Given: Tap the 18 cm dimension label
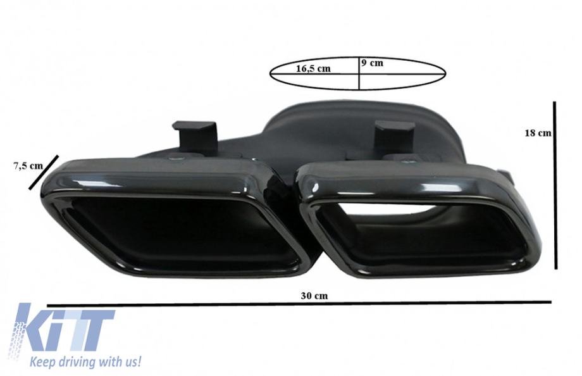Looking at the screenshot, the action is coord(538,133).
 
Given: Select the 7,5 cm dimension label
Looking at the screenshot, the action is coord(28,166).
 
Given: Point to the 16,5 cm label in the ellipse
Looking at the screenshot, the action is coord(313,68).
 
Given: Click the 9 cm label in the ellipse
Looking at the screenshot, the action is coord(372,63).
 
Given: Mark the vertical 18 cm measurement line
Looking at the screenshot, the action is coord(555,185).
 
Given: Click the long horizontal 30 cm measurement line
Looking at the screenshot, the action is coord(299,304).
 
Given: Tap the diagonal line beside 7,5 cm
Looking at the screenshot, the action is coord(44,172).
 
